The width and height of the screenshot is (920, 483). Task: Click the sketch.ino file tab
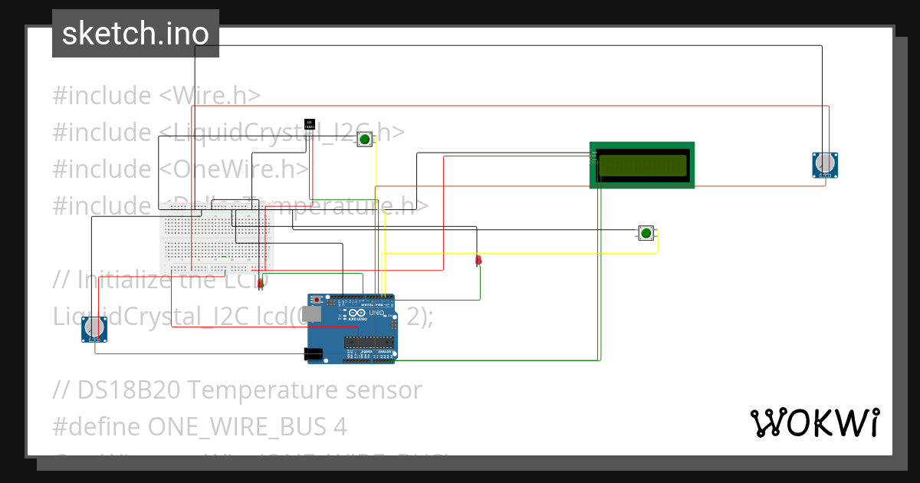[x=136, y=34]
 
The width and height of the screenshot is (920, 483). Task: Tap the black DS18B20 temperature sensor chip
[x=310, y=123]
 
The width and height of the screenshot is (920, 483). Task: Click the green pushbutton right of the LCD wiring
[x=646, y=233]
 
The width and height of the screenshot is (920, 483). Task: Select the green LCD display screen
[x=642, y=165]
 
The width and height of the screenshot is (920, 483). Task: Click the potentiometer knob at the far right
[x=825, y=163]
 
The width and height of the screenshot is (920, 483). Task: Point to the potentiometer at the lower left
[x=94, y=328]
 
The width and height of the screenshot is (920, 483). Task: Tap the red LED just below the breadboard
[x=261, y=284]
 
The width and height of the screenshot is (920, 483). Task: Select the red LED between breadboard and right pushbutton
[x=478, y=261]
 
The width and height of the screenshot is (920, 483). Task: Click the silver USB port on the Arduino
[x=312, y=314]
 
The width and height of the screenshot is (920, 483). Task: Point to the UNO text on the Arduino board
[x=376, y=314]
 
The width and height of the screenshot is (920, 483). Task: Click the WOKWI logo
[x=814, y=422]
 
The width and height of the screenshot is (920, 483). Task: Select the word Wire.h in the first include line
[x=218, y=96]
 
